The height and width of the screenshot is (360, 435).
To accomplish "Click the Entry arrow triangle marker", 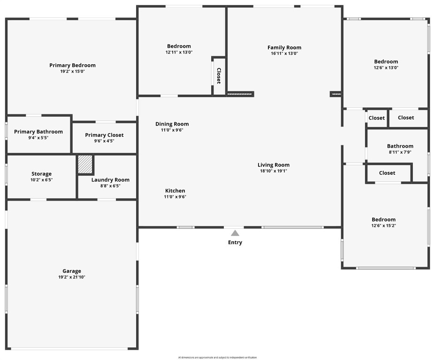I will [235, 233].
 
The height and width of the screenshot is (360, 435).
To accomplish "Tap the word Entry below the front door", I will [235, 242].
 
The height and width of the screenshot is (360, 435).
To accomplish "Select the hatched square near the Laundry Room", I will [85, 164].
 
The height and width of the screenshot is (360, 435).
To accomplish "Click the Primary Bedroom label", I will [72, 65].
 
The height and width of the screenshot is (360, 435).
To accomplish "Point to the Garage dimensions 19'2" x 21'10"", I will [72, 277].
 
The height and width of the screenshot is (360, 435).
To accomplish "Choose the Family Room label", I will [284, 47].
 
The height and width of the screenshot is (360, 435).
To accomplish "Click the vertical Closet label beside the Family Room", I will [219, 76].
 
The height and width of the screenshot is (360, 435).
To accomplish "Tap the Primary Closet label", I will [104, 135].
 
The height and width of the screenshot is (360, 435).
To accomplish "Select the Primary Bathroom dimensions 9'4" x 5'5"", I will [38, 138].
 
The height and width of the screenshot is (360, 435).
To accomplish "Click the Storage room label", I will [41, 174].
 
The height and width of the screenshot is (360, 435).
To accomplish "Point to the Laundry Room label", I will [110, 180].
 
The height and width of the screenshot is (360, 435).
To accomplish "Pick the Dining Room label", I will [172, 124].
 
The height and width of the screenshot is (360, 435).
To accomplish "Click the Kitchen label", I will [175, 191].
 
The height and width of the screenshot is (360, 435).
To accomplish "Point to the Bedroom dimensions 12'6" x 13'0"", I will [386, 67].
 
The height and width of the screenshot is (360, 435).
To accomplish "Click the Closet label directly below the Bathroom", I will [387, 173].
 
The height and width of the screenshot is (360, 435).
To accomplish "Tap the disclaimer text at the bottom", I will [217, 358].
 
